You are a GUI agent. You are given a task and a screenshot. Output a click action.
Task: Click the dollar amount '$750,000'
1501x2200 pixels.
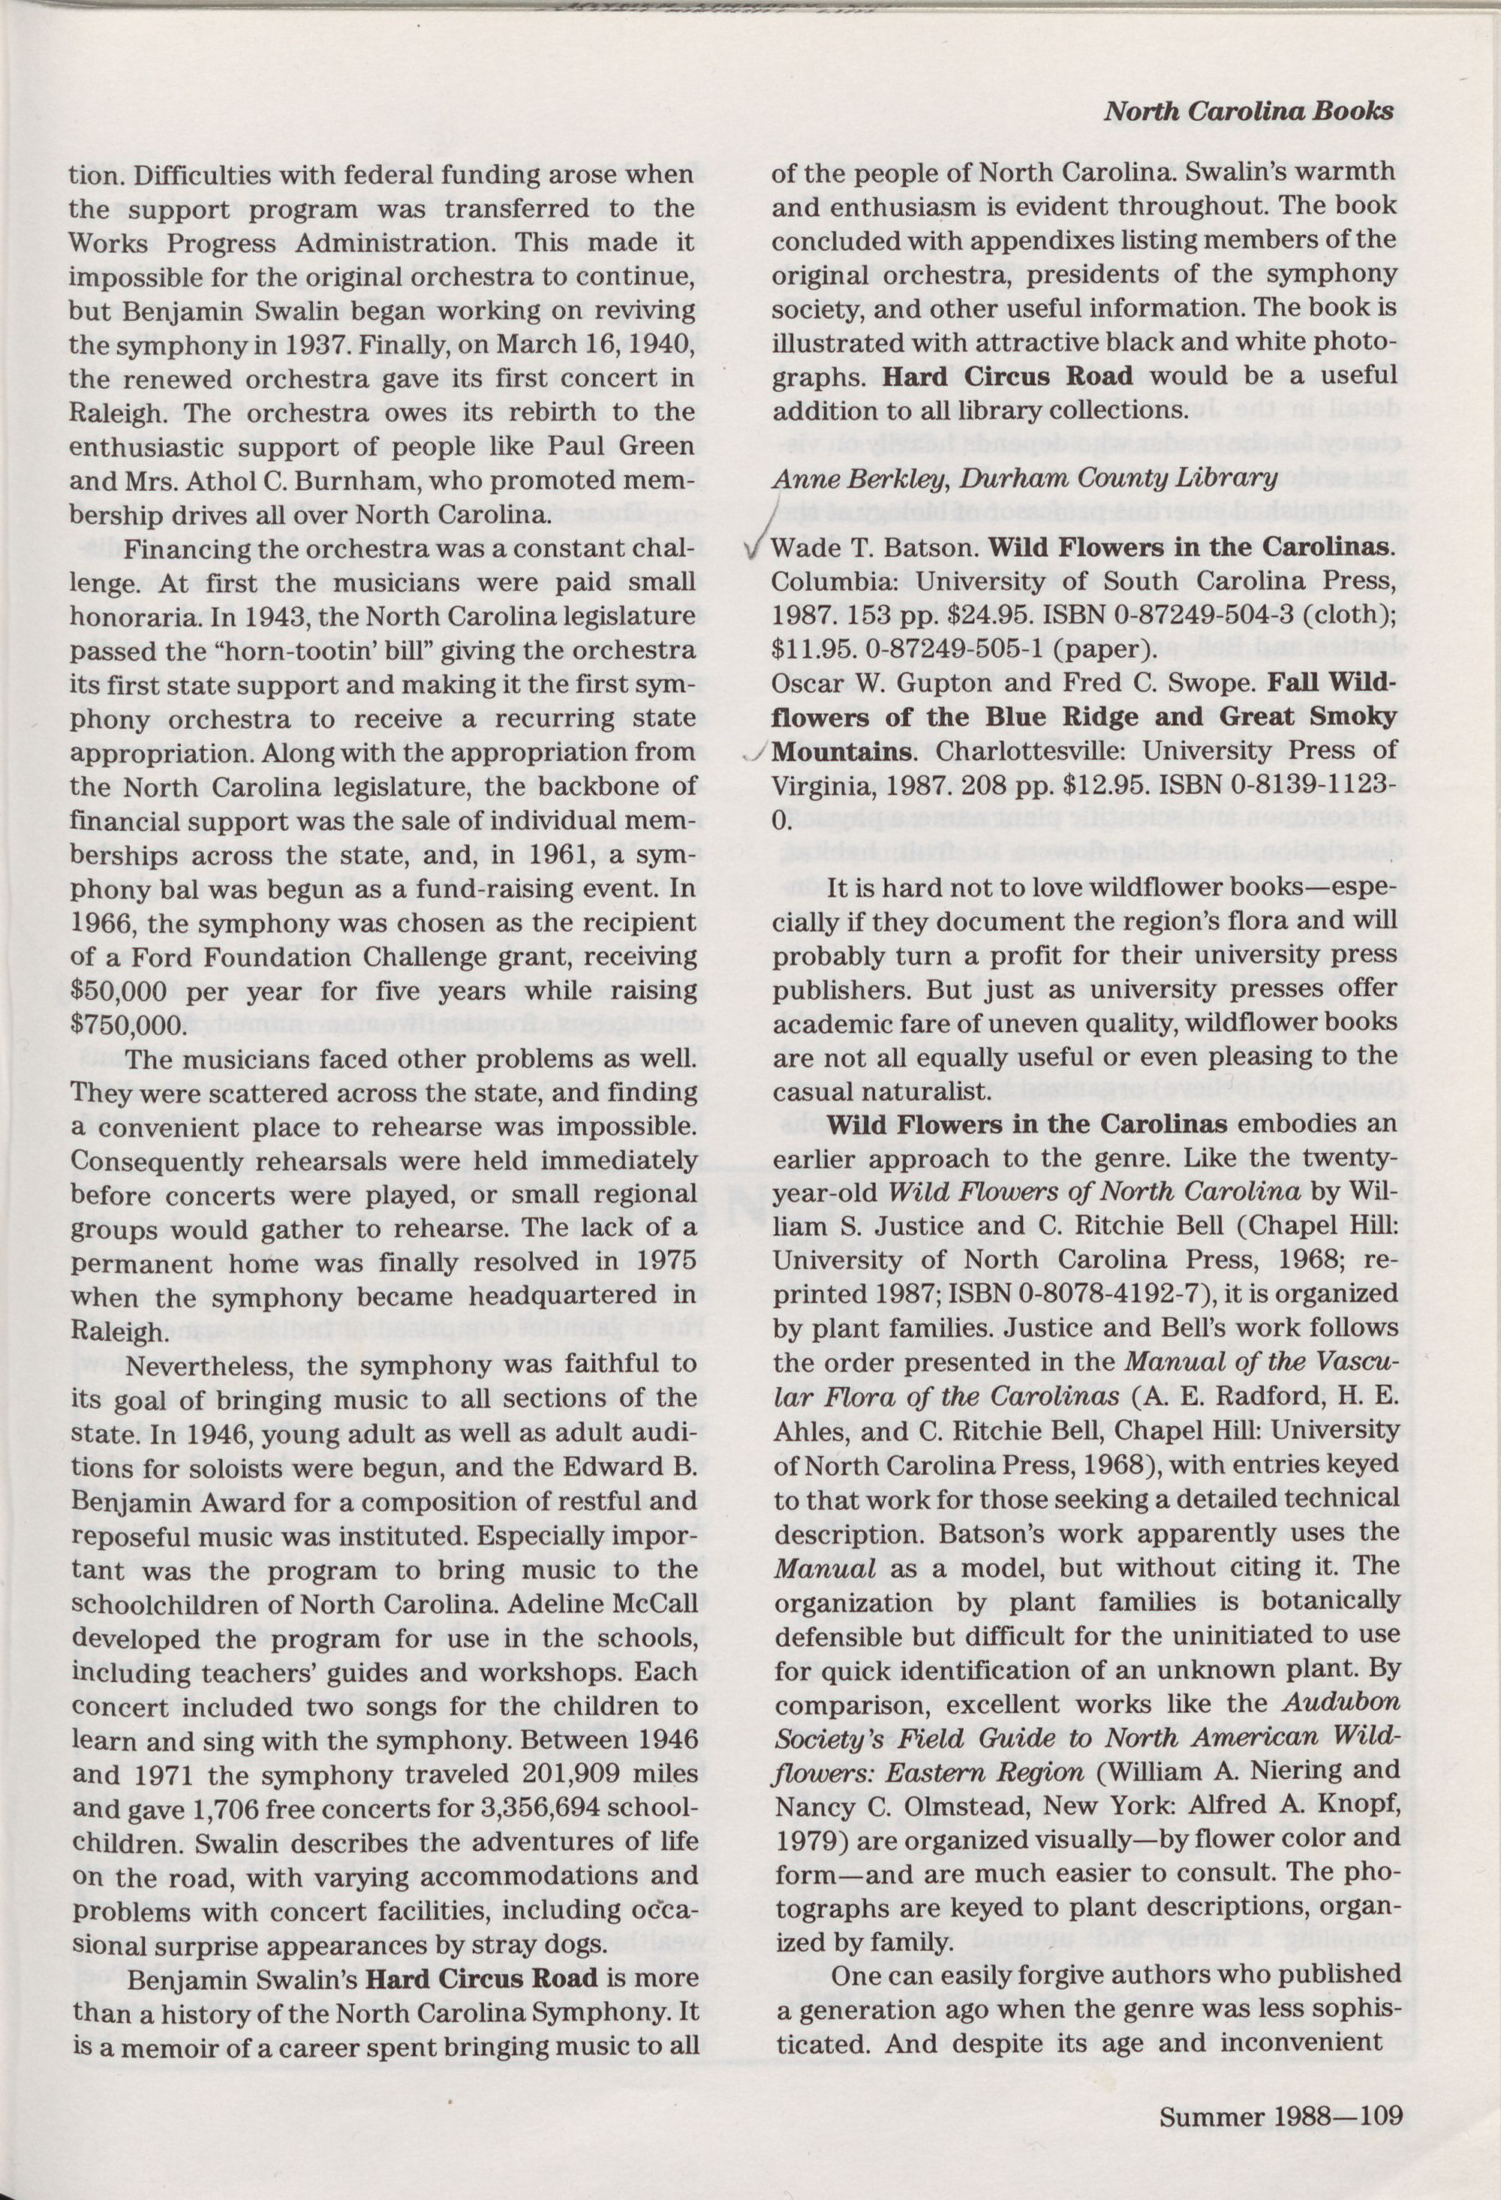click(124, 1025)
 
